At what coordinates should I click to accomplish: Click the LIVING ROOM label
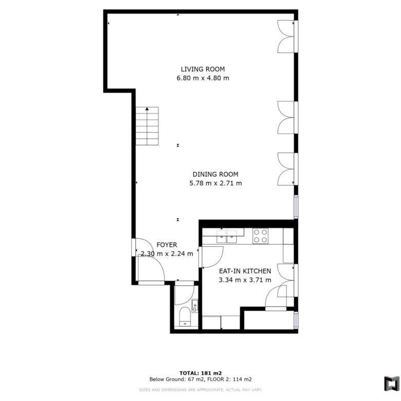pyautogui.click(x=203, y=69)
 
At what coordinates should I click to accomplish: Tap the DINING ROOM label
pyautogui.click(x=215, y=174)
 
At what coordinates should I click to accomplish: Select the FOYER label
pyautogui.click(x=167, y=245)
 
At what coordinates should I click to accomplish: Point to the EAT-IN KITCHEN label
pyautogui.click(x=245, y=271)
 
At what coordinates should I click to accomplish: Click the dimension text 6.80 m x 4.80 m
pyautogui.click(x=203, y=78)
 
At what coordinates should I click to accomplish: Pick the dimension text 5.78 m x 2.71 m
pyautogui.click(x=215, y=184)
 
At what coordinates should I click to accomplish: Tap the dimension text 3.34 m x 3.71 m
pyautogui.click(x=245, y=280)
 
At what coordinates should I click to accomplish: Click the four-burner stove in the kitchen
pyautogui.click(x=260, y=236)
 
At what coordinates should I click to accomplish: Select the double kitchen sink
pyautogui.click(x=227, y=236)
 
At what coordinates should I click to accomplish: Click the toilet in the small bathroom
pyautogui.click(x=185, y=317)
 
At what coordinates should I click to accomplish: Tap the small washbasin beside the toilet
pyautogui.click(x=195, y=306)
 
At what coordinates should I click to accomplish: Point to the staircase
pyautogui.click(x=147, y=126)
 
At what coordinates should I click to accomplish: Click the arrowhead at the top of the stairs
pyautogui.click(x=147, y=108)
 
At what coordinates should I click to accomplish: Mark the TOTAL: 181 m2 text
pyautogui.click(x=200, y=373)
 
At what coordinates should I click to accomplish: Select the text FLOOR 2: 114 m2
pyautogui.click(x=229, y=379)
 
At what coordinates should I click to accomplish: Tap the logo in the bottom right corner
pyautogui.click(x=392, y=384)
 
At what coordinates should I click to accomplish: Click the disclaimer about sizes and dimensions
pyautogui.click(x=200, y=390)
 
